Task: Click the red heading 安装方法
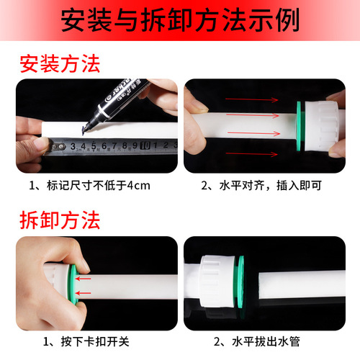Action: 60,64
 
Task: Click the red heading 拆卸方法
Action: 60,220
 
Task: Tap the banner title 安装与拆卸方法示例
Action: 180,19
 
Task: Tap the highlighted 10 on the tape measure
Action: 145,145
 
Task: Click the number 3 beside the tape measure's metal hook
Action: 73,146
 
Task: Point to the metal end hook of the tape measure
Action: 57,147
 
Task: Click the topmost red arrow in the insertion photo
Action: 251,99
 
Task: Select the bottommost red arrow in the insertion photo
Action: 251,154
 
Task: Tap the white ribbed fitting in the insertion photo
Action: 322,126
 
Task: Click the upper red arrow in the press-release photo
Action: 83,279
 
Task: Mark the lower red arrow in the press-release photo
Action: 83,293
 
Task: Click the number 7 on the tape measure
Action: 114,145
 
